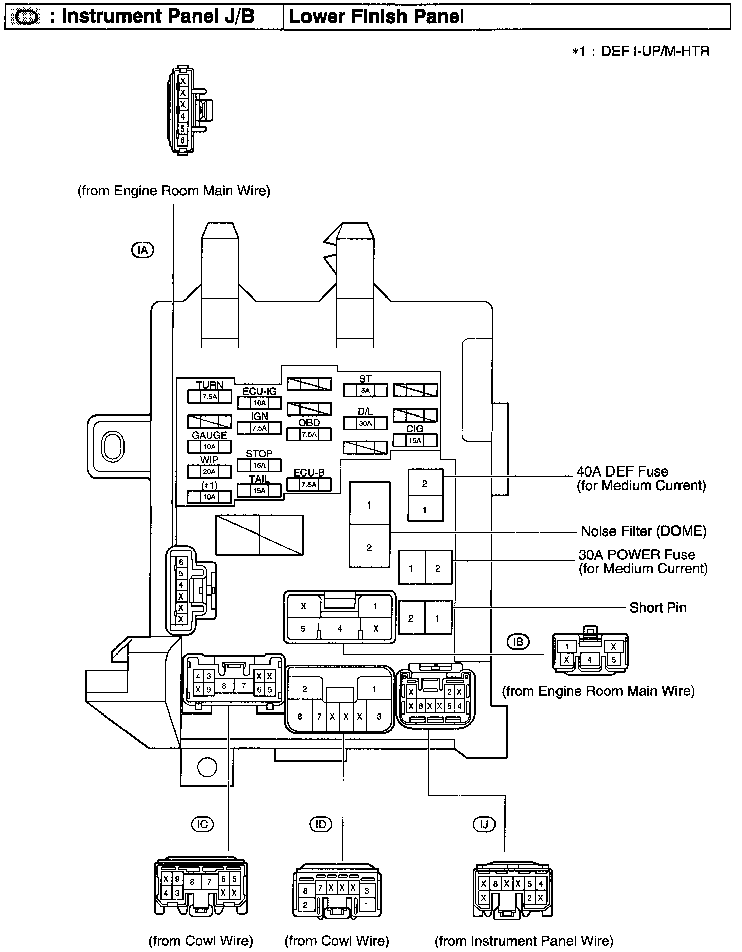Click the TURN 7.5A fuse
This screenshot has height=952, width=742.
coord(209,397)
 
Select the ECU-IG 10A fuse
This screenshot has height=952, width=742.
coord(259,403)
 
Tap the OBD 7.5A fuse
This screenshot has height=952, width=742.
coord(309,434)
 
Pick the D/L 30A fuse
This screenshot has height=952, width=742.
coord(365,423)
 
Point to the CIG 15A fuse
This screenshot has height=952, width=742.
coord(415,440)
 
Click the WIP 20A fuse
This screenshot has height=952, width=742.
coord(209,472)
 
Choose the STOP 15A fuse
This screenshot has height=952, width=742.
coord(259,465)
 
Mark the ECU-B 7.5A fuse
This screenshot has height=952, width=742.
coord(309,485)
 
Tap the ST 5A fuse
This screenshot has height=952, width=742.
coord(365,390)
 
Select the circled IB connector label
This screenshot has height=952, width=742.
coord(519,642)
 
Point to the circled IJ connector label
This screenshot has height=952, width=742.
coord(484,825)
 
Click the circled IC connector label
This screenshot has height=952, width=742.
coord(202,824)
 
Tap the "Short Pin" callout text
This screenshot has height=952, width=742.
coord(658,608)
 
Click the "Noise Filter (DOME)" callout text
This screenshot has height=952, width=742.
coord(644,531)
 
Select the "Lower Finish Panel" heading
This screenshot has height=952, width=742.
coord(376,17)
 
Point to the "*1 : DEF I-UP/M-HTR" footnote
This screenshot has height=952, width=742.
coord(641,51)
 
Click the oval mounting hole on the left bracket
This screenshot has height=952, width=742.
coord(110,446)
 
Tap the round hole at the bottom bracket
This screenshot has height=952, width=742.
coord(206,767)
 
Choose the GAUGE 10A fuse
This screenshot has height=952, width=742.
coord(209,447)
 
